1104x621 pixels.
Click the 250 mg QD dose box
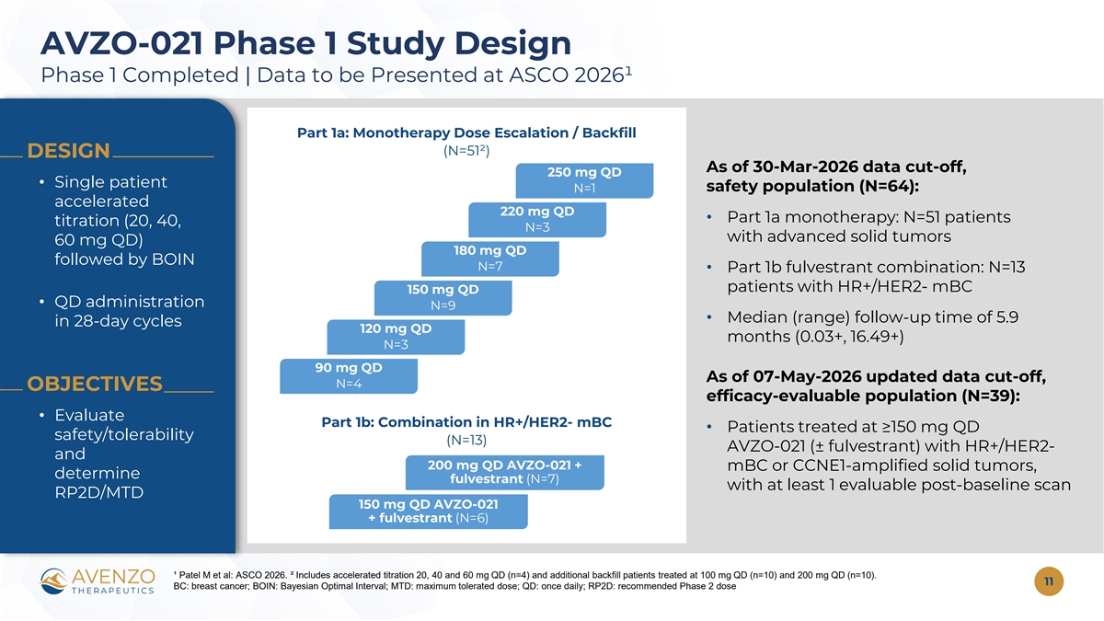click(x=584, y=180)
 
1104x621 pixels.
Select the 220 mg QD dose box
click(x=537, y=219)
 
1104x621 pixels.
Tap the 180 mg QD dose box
click(x=489, y=259)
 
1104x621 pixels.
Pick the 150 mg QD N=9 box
click(x=443, y=298)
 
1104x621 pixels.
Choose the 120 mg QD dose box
click(x=396, y=337)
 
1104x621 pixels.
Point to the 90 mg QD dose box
click(x=349, y=376)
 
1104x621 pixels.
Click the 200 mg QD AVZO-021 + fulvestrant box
click(x=505, y=472)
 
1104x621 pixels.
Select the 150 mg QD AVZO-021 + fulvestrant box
click(x=429, y=512)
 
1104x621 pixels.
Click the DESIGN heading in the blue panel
click(x=68, y=151)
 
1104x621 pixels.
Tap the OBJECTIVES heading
click(x=94, y=384)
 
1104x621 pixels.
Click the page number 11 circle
click(x=1049, y=581)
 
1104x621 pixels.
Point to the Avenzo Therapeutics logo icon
click(x=54, y=581)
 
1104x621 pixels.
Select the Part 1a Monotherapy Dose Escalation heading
click(x=466, y=133)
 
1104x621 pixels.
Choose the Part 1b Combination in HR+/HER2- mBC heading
click(x=466, y=422)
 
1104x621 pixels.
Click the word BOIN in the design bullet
click(x=173, y=259)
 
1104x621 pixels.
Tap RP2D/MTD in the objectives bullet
click(x=99, y=492)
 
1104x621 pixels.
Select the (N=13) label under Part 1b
click(x=466, y=440)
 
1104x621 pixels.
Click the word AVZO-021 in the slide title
click(x=121, y=43)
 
